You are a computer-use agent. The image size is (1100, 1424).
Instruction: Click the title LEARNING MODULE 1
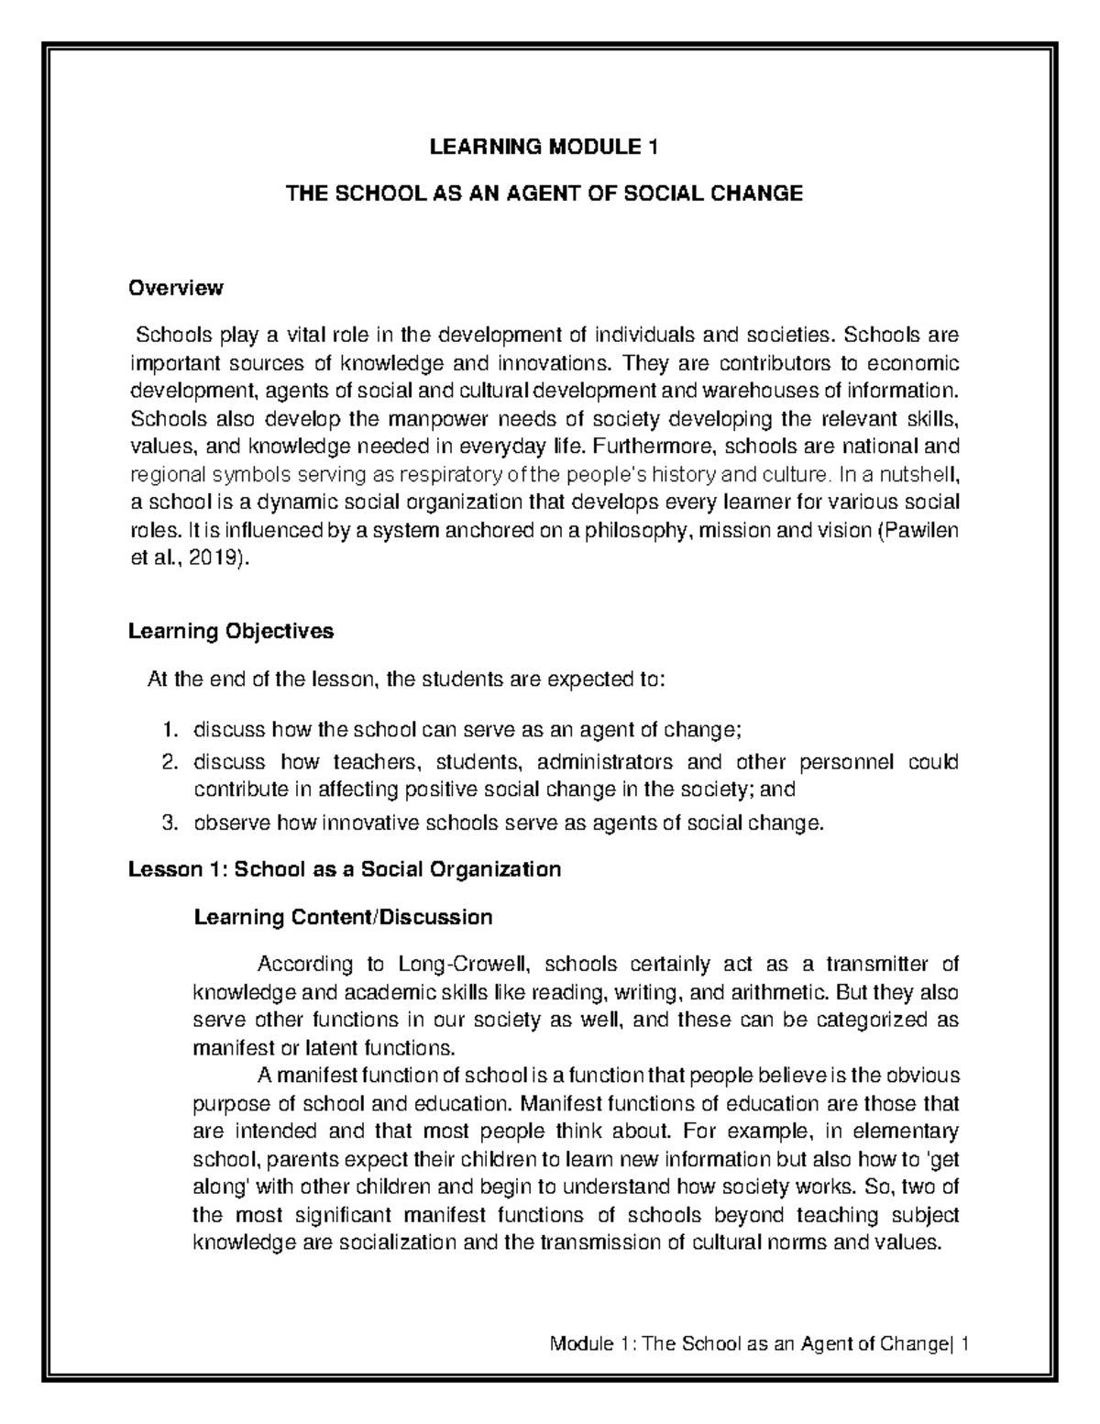pyautogui.click(x=544, y=147)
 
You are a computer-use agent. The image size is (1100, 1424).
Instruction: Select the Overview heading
pyautogui.click(x=176, y=288)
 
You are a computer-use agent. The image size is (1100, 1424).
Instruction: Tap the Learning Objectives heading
pyautogui.click(x=231, y=631)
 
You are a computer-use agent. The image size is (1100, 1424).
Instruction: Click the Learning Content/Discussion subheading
pyautogui.click(x=343, y=916)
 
